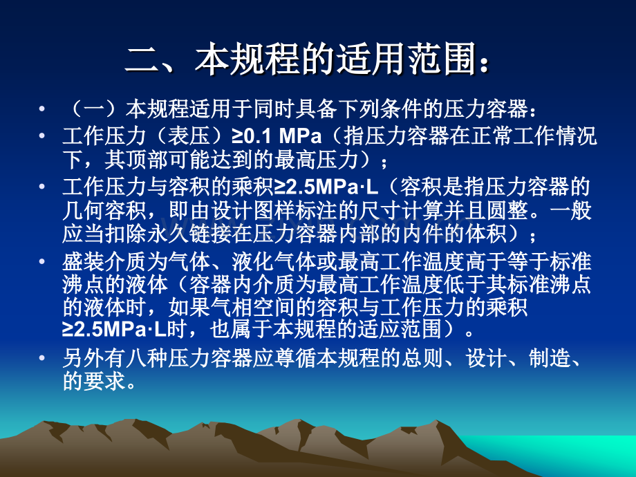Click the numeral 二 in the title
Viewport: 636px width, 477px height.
tap(142, 61)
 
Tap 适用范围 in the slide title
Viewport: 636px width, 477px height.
tap(407, 61)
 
